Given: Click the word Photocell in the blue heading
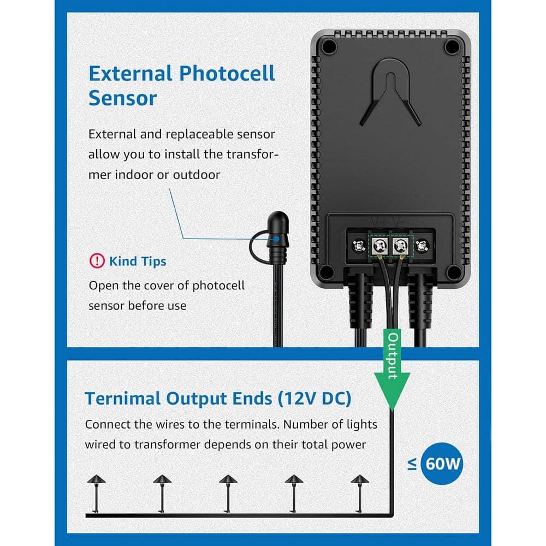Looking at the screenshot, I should [x=227, y=74].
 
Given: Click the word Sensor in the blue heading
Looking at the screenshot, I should [x=122, y=99].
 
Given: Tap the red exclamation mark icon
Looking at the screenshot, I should [x=96, y=261].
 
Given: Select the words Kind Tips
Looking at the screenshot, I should [x=138, y=261].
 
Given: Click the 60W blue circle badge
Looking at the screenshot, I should [x=443, y=465].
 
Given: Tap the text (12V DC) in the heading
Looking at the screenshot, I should [x=314, y=399].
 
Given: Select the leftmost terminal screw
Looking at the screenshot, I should [x=359, y=246].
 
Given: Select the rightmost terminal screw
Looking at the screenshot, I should [x=422, y=246].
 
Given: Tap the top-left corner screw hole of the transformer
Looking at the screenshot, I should [x=329, y=48].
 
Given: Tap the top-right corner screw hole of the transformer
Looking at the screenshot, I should [x=452, y=48].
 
